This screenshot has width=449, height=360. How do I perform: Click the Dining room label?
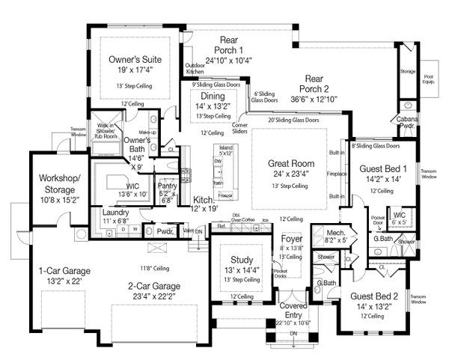click(213, 97)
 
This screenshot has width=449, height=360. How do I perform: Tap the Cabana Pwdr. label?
click(408, 123)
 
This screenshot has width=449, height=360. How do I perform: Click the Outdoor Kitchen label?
click(195, 67)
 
